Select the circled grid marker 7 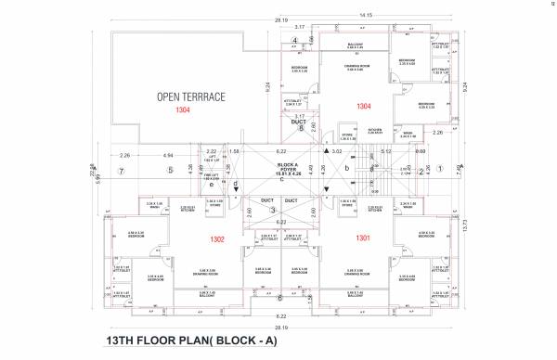(x=121, y=172)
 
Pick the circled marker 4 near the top (x=295, y=42)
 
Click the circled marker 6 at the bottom (x=279, y=298)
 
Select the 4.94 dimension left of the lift (x=168, y=156)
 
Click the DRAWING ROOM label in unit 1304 (x=356, y=68)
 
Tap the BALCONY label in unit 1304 (x=356, y=44)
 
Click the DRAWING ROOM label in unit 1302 (x=205, y=274)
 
